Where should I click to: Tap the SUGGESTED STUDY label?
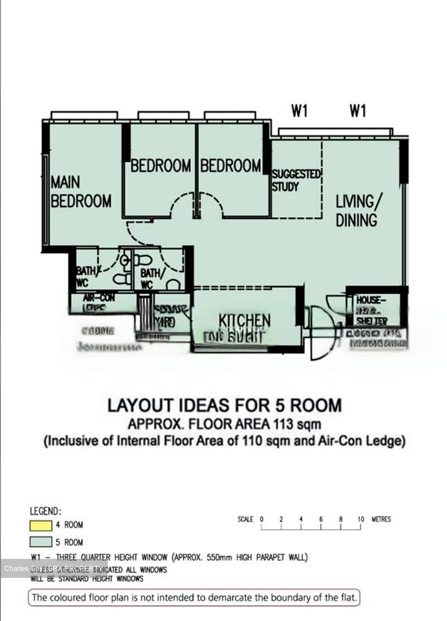click(296, 181)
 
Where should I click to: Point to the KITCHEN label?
click(245, 321)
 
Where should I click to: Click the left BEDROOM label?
click(161, 166)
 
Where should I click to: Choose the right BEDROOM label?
click(230, 166)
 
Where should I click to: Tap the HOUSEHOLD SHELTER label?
click(371, 310)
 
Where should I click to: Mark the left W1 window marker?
click(299, 111)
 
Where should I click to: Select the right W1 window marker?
click(358, 111)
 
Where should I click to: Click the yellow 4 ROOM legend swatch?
click(41, 526)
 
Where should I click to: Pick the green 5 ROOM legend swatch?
click(41, 542)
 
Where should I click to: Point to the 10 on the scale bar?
click(361, 519)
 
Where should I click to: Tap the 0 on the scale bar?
click(261, 519)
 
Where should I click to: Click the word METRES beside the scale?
click(381, 519)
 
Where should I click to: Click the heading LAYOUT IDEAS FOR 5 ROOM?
click(224, 405)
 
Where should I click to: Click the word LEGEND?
click(45, 511)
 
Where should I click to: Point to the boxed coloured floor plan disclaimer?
click(194, 598)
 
